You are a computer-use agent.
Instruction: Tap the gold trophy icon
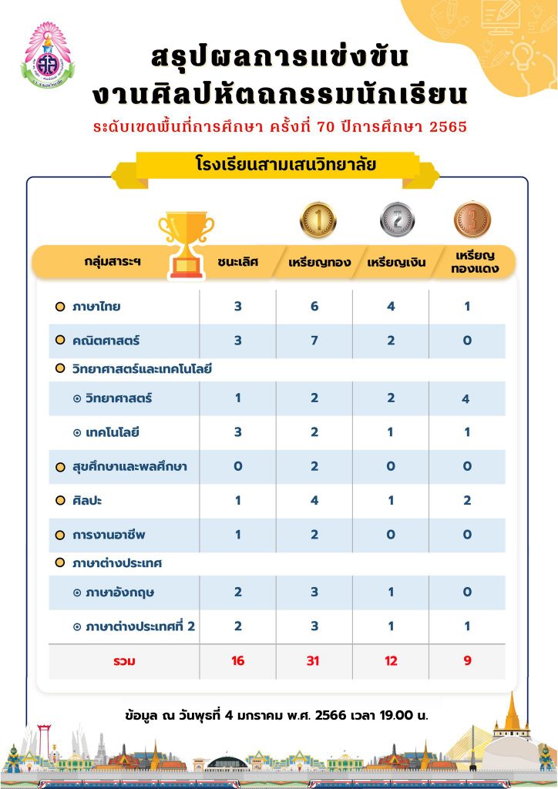coord(186,243)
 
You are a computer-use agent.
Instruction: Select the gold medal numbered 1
coord(318,220)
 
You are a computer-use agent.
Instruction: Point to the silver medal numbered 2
coord(397,220)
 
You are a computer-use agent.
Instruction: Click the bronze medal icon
coord(472,219)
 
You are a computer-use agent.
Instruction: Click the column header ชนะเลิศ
coord(238,262)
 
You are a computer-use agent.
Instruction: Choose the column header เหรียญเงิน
coord(392,262)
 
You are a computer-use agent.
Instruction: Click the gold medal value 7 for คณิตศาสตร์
coord(314,341)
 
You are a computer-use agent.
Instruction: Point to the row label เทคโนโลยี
coord(113,432)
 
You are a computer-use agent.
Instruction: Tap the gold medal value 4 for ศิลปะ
coord(314,501)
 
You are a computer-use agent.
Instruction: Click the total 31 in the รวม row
coord(314,660)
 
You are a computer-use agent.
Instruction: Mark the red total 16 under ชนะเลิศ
coord(238,660)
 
